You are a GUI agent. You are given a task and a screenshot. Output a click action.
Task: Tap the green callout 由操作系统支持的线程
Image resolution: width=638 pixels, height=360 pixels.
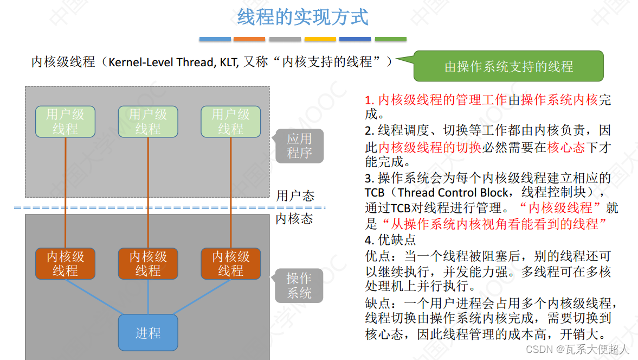click(x=508, y=66)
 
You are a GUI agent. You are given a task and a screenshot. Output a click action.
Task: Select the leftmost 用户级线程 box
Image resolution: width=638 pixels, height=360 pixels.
click(x=65, y=122)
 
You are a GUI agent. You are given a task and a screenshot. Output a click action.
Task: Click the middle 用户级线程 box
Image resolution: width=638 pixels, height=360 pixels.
click(x=148, y=122)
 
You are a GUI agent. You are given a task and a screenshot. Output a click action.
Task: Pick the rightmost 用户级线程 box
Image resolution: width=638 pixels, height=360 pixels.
click(x=230, y=122)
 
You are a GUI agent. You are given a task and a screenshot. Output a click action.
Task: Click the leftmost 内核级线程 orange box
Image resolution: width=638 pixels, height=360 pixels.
click(x=65, y=263)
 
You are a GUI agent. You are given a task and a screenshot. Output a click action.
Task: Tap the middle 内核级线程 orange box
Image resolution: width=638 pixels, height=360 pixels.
click(x=148, y=263)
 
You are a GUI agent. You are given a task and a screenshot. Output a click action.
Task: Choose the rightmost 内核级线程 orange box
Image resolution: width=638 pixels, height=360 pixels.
click(x=230, y=263)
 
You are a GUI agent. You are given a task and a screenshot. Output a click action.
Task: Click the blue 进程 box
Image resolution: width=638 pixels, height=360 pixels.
click(x=148, y=332)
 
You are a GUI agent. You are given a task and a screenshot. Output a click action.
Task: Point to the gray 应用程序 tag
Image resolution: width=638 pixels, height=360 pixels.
click(x=299, y=146)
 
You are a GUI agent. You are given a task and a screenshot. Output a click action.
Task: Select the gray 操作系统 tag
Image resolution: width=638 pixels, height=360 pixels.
click(x=299, y=286)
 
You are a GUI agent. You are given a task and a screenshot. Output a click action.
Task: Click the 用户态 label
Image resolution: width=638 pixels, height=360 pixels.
click(x=295, y=195)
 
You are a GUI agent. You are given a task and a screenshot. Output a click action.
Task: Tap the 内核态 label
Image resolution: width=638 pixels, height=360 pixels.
click(x=295, y=219)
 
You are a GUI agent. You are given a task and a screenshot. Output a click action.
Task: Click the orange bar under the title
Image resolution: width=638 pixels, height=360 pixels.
click(x=249, y=39)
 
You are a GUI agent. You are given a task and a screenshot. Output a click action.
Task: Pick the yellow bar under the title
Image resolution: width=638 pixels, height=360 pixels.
click(x=320, y=39)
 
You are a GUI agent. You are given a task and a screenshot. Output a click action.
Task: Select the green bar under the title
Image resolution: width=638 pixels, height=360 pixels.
click(x=390, y=39)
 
